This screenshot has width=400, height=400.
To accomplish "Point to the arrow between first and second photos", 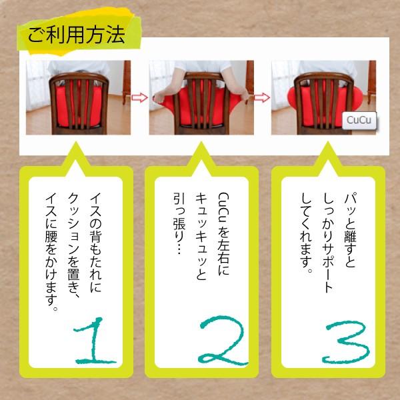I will click(x=138, y=98).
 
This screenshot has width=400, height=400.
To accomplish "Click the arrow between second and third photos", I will click(x=261, y=98).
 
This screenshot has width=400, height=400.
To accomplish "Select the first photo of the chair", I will click(x=77, y=97).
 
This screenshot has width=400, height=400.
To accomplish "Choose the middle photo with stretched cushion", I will click(x=200, y=97).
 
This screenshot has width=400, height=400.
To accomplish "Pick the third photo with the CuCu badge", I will click(x=323, y=97).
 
